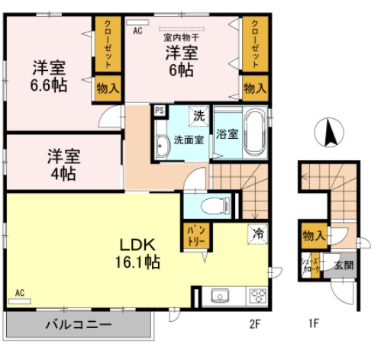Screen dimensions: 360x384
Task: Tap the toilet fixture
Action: [218, 204]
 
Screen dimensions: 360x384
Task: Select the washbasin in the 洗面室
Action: [163, 146]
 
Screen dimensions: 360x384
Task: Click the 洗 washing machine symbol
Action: [198, 117]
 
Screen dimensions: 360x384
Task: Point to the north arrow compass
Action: [331, 134]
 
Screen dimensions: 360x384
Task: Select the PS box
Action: [160, 110]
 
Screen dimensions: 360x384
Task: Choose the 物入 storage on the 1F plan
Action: [311, 236]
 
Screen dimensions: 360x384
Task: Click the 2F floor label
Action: [255, 323]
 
